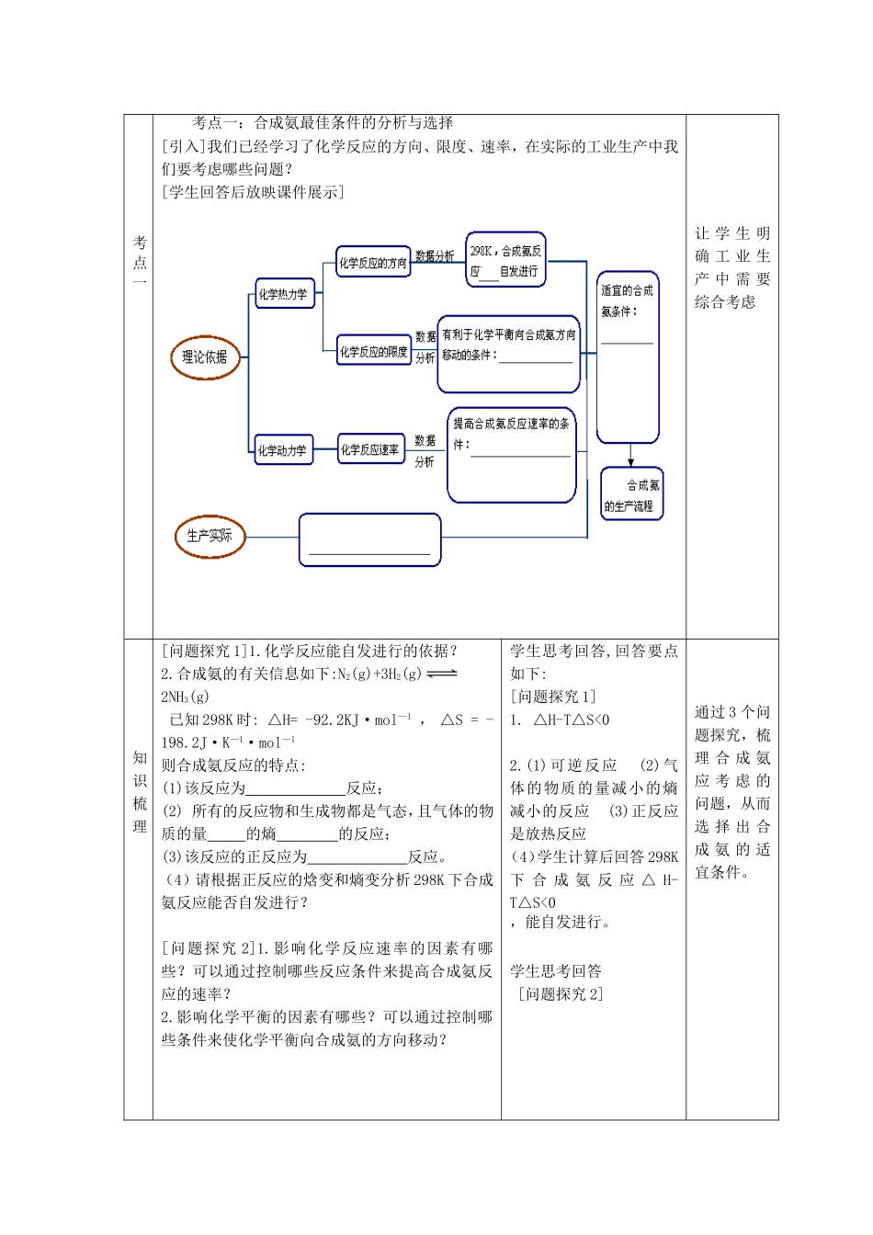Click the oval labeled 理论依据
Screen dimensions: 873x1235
pyautogui.click(x=205, y=358)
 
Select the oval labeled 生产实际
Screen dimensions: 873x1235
pyautogui.click(x=210, y=537)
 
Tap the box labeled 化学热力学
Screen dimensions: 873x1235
pyautogui.click(x=283, y=295)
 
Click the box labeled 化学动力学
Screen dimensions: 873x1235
pyautogui.click(x=282, y=450)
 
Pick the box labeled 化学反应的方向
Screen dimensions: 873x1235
pyautogui.click(x=372, y=263)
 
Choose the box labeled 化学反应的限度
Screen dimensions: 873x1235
pyautogui.click(x=373, y=352)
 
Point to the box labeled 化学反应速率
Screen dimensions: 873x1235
pyautogui.click(x=370, y=449)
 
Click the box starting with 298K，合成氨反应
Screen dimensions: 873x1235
pyautogui.click(x=505, y=260)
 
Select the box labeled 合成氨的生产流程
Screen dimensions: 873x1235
pyautogui.click(x=631, y=494)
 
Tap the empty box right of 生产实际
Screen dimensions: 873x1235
pyautogui.click(x=369, y=539)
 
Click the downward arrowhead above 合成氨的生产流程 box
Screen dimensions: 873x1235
pyautogui.click(x=630, y=460)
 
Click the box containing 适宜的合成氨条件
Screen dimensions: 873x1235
pyautogui.click(x=628, y=357)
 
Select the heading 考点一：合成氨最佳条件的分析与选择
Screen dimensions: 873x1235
pyautogui.click(x=323, y=123)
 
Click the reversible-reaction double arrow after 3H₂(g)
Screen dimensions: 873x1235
pyautogui.click(x=442, y=674)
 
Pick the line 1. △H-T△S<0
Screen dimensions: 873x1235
pyautogui.click(x=560, y=720)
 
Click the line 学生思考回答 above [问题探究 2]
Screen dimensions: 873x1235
pyautogui.click(x=556, y=971)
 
